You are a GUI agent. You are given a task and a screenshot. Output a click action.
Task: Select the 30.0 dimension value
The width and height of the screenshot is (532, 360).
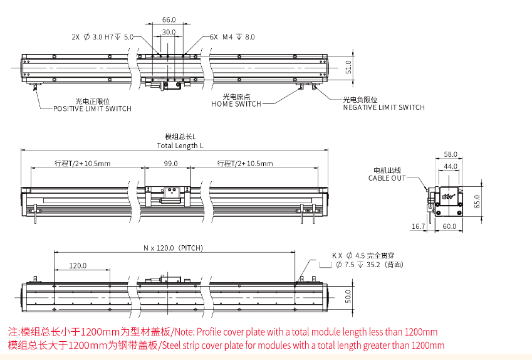point(169,31)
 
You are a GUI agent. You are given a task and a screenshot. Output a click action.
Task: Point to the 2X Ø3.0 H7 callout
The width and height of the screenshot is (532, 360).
point(103,38)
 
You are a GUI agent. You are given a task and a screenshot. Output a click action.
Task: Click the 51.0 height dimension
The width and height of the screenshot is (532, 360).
point(348,67)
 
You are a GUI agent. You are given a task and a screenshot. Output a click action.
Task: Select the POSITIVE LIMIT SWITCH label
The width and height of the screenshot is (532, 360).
point(92,109)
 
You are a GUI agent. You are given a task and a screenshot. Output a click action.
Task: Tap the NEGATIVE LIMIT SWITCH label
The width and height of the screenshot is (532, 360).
point(383,107)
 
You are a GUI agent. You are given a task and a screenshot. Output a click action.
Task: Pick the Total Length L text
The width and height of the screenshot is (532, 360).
point(180,146)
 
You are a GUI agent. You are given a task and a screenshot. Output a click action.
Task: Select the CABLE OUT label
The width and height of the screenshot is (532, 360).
point(387,178)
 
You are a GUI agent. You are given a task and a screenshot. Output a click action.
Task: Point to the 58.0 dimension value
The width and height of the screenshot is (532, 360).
point(451,154)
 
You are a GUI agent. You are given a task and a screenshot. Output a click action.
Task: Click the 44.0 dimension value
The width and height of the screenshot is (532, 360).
point(451,166)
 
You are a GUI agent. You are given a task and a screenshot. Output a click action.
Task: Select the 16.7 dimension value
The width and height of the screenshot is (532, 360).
point(418,226)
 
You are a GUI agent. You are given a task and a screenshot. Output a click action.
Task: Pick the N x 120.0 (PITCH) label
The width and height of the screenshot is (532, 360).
point(174,248)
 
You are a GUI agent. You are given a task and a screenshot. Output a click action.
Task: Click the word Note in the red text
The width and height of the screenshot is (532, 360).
point(181,332)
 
